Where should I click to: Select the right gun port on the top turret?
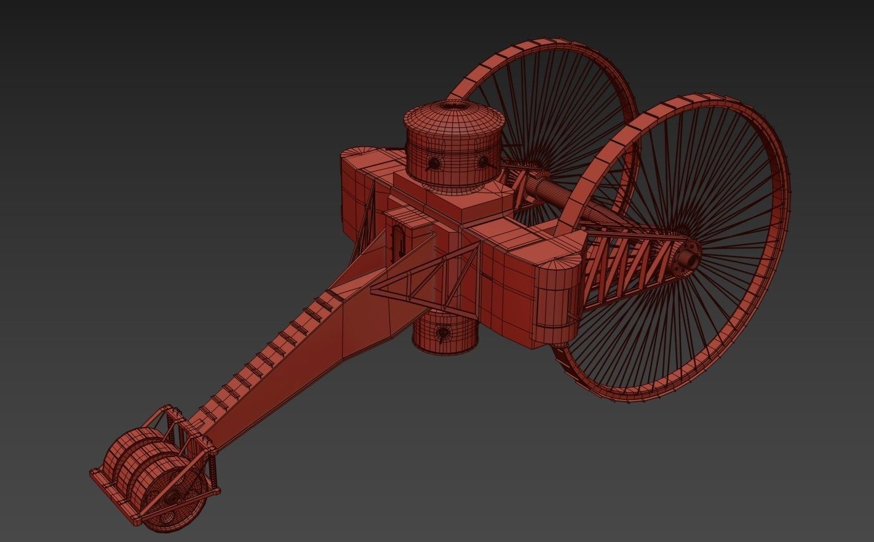coord(482,162)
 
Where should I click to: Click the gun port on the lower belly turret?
coord(442,333)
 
